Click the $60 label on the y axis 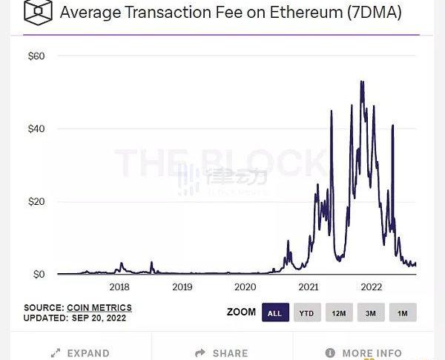[x=36, y=56]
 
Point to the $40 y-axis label [x=36, y=129]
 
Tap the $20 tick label [x=36, y=202]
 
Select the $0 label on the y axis [x=39, y=275]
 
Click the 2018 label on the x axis [x=119, y=287]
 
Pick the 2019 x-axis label [x=182, y=287]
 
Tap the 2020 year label [x=245, y=287]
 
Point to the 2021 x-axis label [x=309, y=287]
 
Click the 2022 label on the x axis [x=371, y=287]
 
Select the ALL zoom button [x=274, y=313]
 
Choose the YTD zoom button [x=306, y=313]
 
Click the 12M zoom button [x=339, y=313]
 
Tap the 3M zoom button [x=371, y=313]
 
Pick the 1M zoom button [x=403, y=313]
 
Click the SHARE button [x=222, y=353]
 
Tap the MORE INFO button [x=364, y=353]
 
